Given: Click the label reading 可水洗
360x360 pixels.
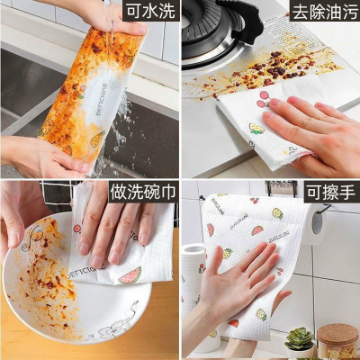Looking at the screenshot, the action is click(x=150, y=11).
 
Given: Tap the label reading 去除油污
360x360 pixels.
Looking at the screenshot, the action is click(x=325, y=11).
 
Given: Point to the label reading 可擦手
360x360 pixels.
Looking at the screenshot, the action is click(x=331, y=192).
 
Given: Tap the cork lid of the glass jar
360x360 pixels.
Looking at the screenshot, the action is click(x=337, y=334).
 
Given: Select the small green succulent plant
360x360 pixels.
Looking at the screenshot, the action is click(x=299, y=339).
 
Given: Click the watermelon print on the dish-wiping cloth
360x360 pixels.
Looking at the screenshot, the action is click(x=130, y=275).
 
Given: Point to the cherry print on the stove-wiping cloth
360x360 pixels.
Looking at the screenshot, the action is click(x=265, y=99).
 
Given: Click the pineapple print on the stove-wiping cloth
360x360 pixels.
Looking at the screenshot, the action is click(x=256, y=129).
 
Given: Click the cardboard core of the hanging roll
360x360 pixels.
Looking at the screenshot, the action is click(x=318, y=222).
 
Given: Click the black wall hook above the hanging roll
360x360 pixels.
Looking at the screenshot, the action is click(x=281, y=187).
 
